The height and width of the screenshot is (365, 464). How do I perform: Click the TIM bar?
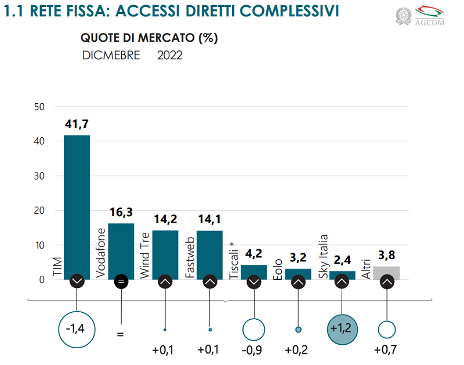pyautogui.click(x=77, y=203)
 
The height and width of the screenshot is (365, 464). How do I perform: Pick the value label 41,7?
pyautogui.click(x=77, y=124)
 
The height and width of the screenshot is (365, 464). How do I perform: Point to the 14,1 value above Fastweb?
pyautogui.click(x=209, y=220)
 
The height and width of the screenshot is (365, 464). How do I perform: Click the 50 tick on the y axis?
pyautogui.click(x=39, y=107)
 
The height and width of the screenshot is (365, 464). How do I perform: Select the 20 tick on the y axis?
pyautogui.click(x=39, y=211)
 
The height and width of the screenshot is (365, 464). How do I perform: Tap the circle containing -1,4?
pyautogui.click(x=77, y=329)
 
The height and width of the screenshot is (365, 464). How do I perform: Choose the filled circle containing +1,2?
pyautogui.click(x=342, y=329)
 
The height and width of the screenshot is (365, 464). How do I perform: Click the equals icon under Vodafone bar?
pyautogui.click(x=121, y=282)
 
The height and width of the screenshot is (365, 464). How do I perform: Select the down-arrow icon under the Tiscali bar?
pyautogui.click(x=254, y=282)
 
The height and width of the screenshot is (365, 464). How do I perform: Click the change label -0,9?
pyautogui.click(x=253, y=351)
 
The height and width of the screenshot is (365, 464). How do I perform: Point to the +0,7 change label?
pyautogui.click(x=386, y=351)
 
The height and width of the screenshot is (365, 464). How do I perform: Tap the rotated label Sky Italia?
pyautogui.click(x=324, y=256)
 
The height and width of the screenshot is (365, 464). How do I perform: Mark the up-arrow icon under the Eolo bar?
pyautogui.click(x=298, y=282)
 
